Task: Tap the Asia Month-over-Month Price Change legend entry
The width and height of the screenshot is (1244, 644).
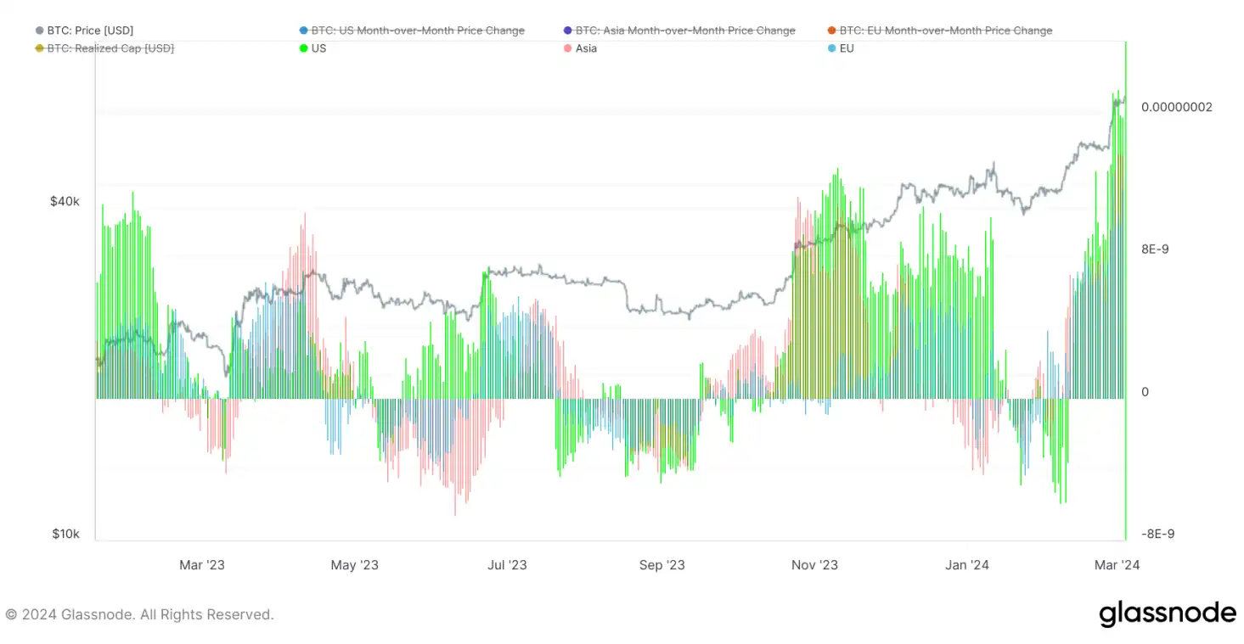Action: coord(685,31)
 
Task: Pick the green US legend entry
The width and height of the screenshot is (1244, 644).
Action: coord(318,48)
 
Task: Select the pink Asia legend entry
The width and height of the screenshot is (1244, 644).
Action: coord(586,48)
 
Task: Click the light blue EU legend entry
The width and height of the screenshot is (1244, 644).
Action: coord(846,48)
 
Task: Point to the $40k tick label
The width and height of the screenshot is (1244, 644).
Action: coord(65,202)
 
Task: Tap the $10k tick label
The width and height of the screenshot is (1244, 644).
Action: coord(65,535)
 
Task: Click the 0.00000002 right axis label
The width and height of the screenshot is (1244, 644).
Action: coord(1176,107)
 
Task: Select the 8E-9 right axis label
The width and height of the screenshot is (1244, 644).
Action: coord(1155,249)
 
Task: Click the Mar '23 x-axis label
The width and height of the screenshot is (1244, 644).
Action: coord(202,565)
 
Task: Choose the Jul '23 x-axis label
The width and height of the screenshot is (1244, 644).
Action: coord(508,565)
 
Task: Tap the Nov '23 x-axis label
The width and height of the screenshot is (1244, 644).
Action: coord(814,565)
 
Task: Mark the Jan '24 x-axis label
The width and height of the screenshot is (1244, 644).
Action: coord(967,565)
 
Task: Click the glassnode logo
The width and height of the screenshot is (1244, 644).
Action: coord(1168,613)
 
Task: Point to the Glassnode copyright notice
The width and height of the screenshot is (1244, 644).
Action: coord(140,614)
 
